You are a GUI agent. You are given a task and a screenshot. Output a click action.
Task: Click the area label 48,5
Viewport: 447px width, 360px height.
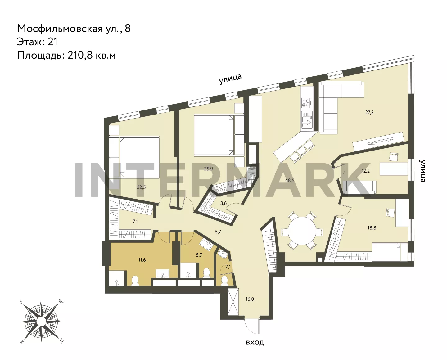[290, 180]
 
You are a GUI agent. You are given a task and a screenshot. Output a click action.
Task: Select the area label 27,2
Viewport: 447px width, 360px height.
[369, 112]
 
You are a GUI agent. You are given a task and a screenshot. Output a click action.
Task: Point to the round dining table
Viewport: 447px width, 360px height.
[302, 231]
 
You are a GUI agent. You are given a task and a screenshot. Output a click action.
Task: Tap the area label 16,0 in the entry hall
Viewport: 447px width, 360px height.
[250, 299]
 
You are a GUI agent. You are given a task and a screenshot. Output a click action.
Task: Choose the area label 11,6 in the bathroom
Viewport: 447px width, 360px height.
[142, 260]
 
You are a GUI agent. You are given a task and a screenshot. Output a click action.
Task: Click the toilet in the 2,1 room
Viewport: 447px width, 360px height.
[224, 280]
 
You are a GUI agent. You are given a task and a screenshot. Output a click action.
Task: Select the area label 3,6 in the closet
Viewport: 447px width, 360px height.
[223, 203]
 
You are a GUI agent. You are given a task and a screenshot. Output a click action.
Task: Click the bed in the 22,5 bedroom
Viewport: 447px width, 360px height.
[134, 157]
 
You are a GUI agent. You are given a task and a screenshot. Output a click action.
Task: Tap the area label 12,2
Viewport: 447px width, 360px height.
[366, 171]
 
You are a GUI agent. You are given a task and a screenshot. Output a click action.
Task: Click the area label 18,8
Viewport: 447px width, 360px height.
[372, 228]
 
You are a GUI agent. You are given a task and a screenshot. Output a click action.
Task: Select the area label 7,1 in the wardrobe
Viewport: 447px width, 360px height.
[135, 222]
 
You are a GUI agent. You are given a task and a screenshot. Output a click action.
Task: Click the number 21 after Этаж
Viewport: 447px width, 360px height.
[52, 42]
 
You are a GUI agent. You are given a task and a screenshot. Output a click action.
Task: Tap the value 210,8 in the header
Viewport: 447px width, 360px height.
[80, 56]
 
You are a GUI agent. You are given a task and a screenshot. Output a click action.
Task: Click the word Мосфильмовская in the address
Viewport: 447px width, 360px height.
[60, 29]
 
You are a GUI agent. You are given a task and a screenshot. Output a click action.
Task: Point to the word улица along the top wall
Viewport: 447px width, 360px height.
[230, 79]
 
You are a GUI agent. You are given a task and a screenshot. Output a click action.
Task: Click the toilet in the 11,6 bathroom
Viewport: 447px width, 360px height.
[135, 281]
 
